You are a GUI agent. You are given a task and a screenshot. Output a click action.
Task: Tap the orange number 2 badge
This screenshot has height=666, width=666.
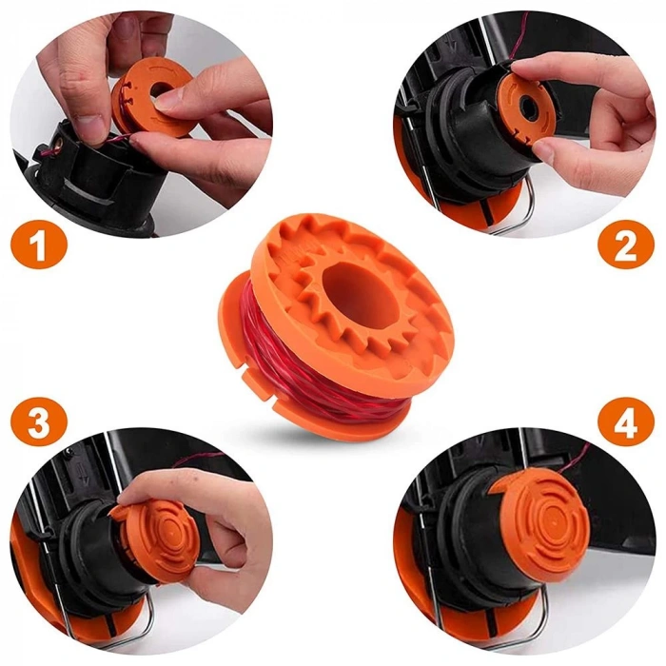(x=625, y=246)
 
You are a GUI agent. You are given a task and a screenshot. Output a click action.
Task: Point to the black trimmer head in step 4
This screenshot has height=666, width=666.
(x=457, y=552)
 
